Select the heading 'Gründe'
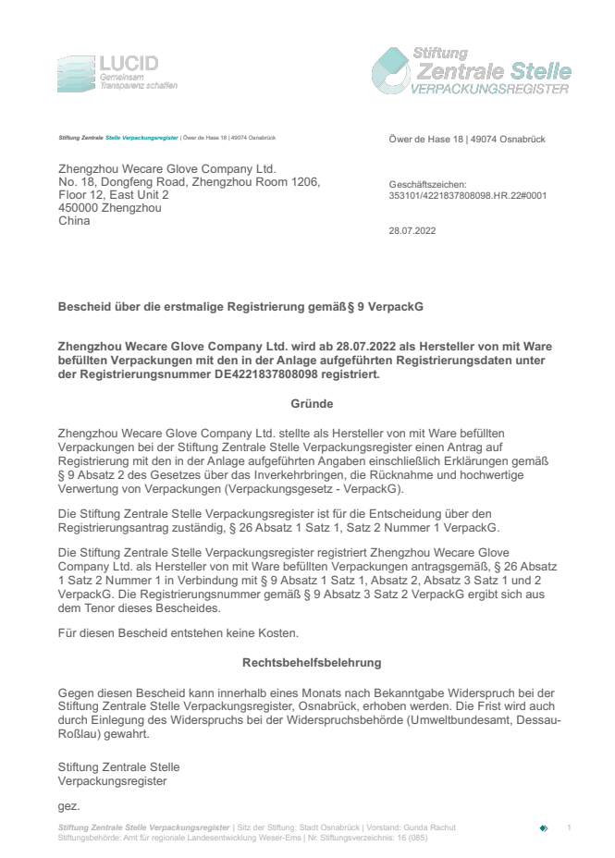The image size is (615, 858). pyautogui.click(x=312, y=403)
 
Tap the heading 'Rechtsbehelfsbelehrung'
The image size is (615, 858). pyautogui.click(x=312, y=663)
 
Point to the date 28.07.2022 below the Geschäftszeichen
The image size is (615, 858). pyautogui.click(x=412, y=231)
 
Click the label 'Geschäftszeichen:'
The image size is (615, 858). pyautogui.click(x=428, y=185)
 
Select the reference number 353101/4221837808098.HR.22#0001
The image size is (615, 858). pyautogui.click(x=468, y=196)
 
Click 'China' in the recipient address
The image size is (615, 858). pyautogui.click(x=74, y=221)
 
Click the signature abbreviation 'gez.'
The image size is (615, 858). pyautogui.click(x=69, y=806)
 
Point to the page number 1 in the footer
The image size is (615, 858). pyautogui.click(x=570, y=827)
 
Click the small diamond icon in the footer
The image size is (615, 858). pyautogui.click(x=544, y=827)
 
